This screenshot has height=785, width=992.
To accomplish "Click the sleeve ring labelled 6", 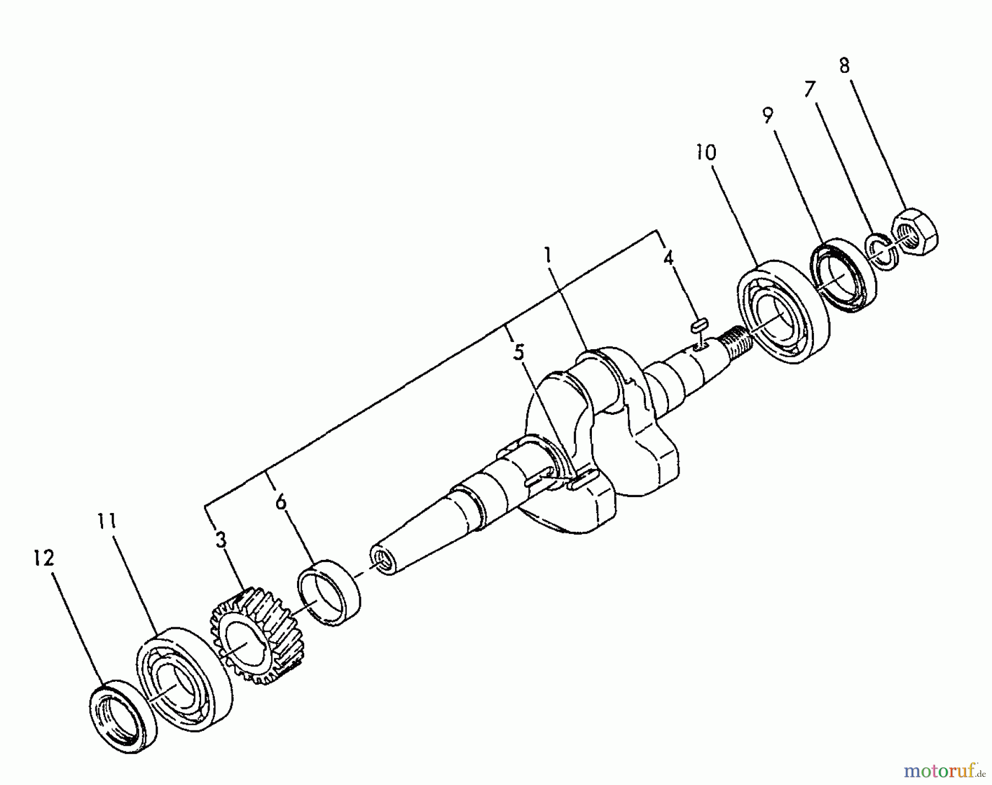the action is point(329,592).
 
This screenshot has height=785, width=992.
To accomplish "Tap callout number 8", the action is point(844,66).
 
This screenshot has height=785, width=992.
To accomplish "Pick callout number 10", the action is point(706,152).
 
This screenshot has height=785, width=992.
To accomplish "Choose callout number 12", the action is point(44,558).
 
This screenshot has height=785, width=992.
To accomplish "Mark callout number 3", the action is point(220,540).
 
